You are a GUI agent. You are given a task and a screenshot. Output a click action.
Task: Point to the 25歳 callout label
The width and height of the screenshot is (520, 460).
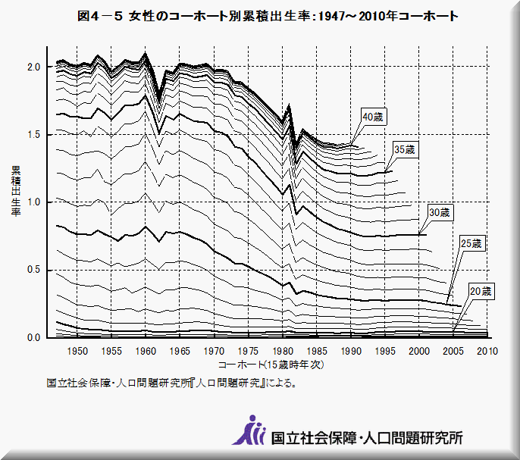pos(471,243)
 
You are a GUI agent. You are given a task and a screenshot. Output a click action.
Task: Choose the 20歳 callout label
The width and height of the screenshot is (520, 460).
pos(481,291)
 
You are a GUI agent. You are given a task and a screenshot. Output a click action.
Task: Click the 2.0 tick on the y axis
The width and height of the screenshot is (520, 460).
pos(33,67)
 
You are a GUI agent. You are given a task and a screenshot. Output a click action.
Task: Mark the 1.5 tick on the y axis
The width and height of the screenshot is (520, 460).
pos(33,134)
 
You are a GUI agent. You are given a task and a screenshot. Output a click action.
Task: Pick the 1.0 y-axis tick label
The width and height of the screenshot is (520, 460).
pos(33,202)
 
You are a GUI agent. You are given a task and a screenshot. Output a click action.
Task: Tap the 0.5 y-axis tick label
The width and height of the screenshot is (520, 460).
pos(33,270)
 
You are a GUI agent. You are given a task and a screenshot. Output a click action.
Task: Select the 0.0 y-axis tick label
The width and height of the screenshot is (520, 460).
pos(33,337)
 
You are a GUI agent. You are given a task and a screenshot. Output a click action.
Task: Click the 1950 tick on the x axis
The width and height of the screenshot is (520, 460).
pos(77,351)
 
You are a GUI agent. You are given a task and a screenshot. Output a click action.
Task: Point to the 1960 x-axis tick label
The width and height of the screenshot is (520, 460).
pos(146,351)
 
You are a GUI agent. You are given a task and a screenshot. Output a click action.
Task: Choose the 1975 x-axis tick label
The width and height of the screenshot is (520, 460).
pos(248,351)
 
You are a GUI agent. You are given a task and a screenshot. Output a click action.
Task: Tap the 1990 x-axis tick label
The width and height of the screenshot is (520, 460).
pos(350,351)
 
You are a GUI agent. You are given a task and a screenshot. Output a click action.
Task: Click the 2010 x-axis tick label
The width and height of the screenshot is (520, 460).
pos(487,351)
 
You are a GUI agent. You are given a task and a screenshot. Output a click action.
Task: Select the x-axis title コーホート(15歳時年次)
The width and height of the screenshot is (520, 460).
pos(271,365)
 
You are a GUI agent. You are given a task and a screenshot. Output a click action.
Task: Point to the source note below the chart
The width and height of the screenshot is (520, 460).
pos(171,383)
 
